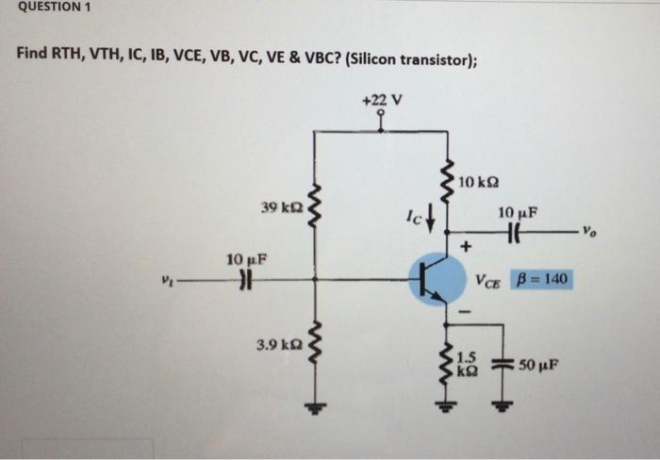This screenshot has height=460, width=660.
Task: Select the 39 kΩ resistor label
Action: click(281, 205)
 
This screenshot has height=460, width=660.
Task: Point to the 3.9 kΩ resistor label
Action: click(276, 345)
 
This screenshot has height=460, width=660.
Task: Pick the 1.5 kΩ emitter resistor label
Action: click(467, 362)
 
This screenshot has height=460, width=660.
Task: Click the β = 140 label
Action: click(542, 280)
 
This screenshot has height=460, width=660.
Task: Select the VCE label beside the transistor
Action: click(489, 280)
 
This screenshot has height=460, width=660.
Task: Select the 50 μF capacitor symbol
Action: click(501, 363)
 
